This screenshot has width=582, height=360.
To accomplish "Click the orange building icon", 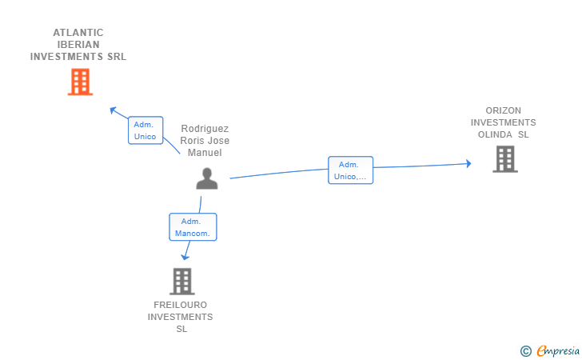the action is pos(80,82).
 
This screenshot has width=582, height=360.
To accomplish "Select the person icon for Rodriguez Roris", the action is pos(207,178).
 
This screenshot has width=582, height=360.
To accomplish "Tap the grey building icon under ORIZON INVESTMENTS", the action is pos(505,159).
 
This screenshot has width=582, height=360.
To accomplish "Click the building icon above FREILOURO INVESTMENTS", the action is pos(182,282).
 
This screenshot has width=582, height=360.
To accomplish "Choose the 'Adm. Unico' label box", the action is pos(145,130).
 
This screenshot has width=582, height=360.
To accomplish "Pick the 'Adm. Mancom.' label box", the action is pos(193,227).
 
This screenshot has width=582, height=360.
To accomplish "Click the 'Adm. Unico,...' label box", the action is pos(350,170).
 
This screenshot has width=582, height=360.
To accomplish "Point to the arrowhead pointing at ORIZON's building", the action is pos(468,163).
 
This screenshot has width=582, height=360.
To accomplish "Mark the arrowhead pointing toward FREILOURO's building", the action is pos(185,257).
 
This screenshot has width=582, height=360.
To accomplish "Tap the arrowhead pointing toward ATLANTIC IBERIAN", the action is pos(113,110).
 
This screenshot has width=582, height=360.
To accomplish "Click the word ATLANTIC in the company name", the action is pos(78,33).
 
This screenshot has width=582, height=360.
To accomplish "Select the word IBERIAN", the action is pos(78,45).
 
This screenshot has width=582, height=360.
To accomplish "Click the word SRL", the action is pos(117,57).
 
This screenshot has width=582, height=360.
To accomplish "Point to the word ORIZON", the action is pos(504,110).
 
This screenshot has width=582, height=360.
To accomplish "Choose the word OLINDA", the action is pos(495,134).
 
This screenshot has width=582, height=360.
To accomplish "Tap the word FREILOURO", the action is pos(181,305).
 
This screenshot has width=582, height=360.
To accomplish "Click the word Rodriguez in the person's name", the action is pos(205,129).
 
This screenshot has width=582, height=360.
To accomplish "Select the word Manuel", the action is pos(205,153).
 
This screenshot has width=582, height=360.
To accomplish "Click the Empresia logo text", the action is pos(558,350).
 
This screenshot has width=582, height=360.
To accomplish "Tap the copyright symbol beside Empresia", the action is pos(526,351).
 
